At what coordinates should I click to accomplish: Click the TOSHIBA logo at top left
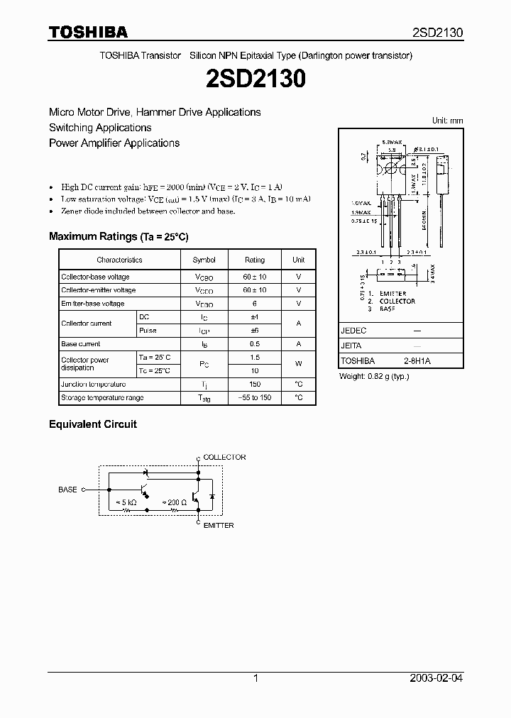[88, 32]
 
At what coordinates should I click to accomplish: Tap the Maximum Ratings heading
[119, 236]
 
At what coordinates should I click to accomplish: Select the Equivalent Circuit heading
[92, 424]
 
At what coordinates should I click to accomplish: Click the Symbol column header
[204, 260]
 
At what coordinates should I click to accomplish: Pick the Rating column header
[254, 260]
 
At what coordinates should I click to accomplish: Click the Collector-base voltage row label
[95, 277]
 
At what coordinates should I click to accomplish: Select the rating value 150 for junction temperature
[254, 384]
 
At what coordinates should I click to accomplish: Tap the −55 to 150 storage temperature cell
[254, 397]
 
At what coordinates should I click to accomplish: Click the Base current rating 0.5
[254, 343]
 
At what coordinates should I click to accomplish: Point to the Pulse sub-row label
[148, 331]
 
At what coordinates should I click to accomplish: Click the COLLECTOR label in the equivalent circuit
[224, 458]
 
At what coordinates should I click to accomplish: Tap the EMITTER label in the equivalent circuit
[219, 526]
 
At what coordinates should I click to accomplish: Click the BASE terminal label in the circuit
[67, 490]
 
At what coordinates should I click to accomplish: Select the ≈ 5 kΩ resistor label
[126, 502]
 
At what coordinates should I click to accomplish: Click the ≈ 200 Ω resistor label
[175, 502]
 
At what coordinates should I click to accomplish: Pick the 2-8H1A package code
[417, 361]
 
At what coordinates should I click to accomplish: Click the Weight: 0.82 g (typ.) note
[374, 376]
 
